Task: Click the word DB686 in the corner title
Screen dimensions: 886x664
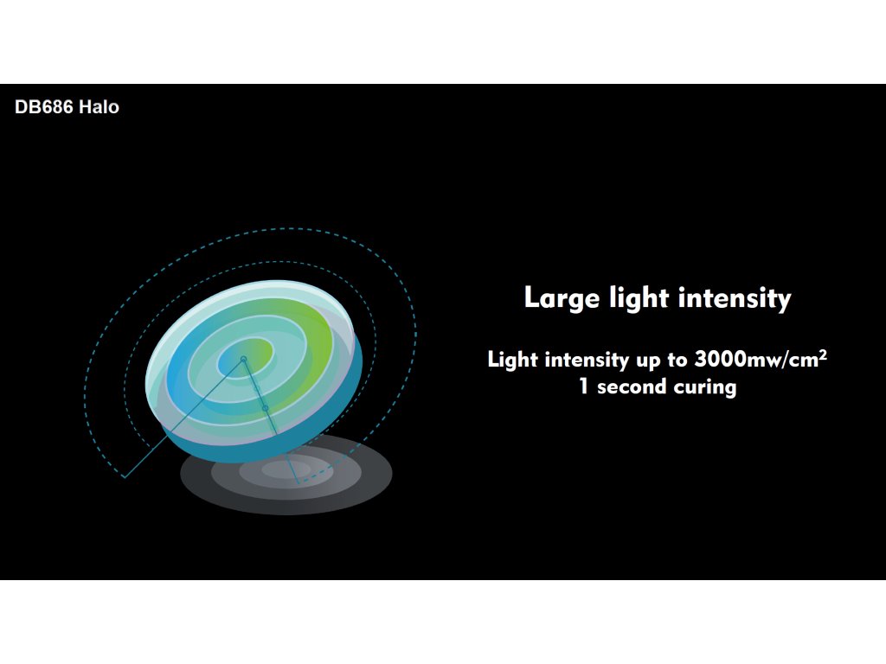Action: [x=44, y=106]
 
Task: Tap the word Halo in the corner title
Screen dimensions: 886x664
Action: [x=99, y=106]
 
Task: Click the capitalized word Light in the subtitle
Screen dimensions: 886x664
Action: [x=512, y=360]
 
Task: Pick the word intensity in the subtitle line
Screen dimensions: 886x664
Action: [x=587, y=360]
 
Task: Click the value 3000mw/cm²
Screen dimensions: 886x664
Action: [x=761, y=359]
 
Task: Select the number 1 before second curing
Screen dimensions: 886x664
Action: [x=584, y=386]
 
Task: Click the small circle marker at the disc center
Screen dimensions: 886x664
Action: [x=243, y=359]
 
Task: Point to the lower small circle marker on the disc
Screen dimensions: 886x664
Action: [x=265, y=408]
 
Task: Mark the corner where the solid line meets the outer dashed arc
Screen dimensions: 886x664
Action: [x=125, y=477]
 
